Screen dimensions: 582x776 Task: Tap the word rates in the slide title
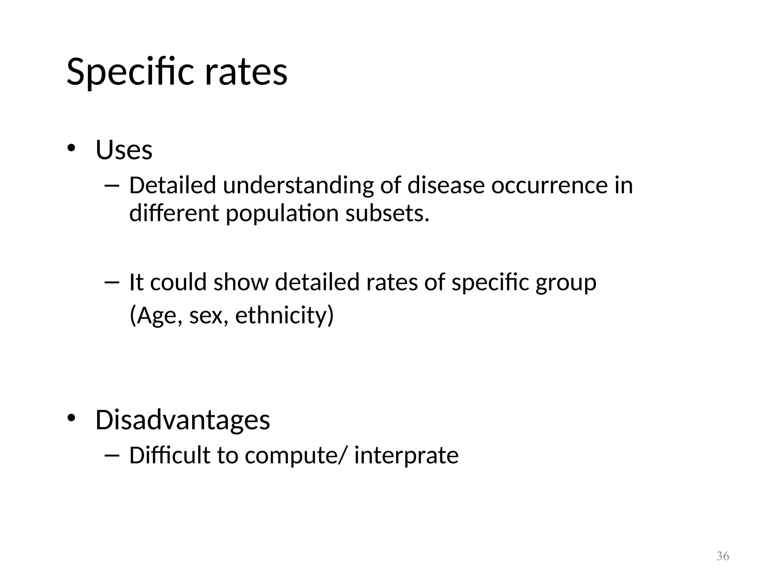246,72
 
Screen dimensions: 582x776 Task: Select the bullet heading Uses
124,150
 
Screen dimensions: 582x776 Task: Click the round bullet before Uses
71,148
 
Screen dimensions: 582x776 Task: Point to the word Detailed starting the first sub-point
172,186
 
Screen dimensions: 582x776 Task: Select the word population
282,214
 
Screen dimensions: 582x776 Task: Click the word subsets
387,213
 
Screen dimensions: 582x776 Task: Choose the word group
566,283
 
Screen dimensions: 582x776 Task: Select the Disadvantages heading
183,420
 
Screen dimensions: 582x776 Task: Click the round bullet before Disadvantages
71,418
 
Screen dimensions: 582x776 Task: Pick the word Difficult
169,455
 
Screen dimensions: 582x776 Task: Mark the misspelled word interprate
406,455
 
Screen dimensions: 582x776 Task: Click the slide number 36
723,556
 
